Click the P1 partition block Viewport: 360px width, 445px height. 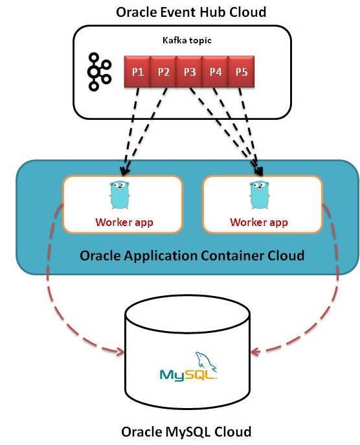137,71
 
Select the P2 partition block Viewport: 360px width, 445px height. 163,71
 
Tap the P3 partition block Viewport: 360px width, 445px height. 189,71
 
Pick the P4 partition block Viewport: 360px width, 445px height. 215,71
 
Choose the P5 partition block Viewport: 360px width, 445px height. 241,71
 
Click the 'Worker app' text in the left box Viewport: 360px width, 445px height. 123,222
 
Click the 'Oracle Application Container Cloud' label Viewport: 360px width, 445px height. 192,255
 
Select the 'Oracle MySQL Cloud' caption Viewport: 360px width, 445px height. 186,430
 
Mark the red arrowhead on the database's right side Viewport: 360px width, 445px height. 255,352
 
